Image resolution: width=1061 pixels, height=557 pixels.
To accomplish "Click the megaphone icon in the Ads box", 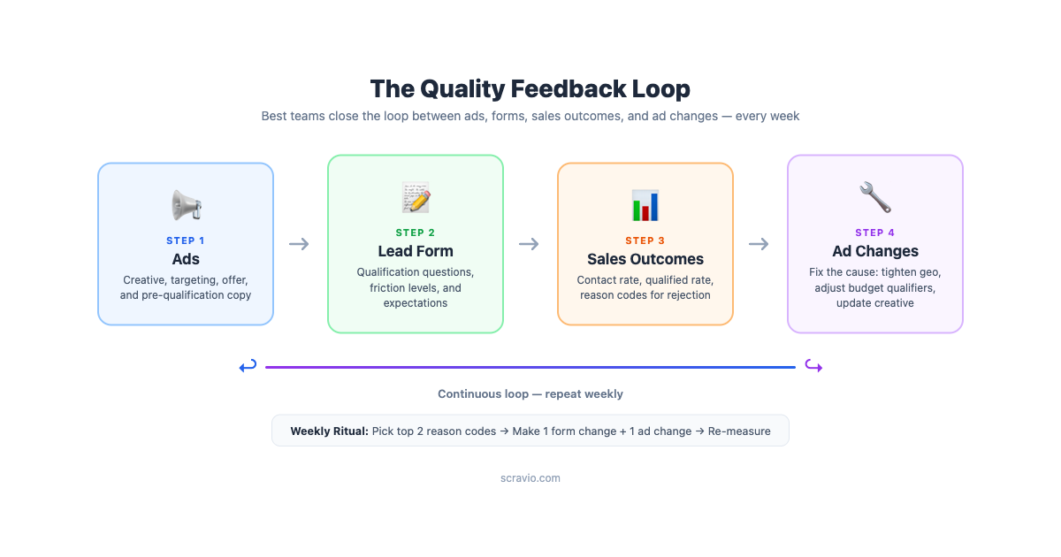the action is [187, 205].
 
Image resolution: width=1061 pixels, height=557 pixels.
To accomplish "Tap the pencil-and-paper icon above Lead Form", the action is [416, 197].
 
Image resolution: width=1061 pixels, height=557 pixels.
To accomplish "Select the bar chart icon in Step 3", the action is [645, 205].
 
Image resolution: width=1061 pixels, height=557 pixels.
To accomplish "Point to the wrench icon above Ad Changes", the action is [874, 197].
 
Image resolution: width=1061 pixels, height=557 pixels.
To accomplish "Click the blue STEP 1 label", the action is [185, 240].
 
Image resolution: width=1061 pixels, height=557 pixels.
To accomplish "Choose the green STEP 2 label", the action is [416, 233].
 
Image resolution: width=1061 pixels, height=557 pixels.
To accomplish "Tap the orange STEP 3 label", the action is [645, 240].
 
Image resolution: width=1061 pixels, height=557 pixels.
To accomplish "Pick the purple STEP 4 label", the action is [874, 233].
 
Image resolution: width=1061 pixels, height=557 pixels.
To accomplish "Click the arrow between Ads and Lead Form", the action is [299, 244].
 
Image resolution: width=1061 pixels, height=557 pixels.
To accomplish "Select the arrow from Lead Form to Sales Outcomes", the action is [529, 244].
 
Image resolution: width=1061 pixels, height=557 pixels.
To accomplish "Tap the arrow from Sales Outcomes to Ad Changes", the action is [759, 244].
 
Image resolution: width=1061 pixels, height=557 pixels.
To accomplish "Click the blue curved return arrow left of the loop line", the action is [248, 366].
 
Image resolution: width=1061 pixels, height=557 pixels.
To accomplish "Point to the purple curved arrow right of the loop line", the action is [813, 366].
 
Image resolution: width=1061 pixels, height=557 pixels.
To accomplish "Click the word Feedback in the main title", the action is [569, 88].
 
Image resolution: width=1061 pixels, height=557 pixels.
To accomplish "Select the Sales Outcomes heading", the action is [645, 259].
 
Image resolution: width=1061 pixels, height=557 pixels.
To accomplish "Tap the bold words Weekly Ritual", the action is [329, 431].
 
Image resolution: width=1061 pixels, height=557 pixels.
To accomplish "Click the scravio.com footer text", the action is [530, 478].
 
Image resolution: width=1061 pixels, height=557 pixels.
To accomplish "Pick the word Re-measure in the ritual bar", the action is [739, 431].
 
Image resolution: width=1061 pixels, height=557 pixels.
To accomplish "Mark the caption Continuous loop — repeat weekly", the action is [530, 394].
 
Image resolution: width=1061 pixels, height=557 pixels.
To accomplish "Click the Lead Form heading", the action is [416, 251].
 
